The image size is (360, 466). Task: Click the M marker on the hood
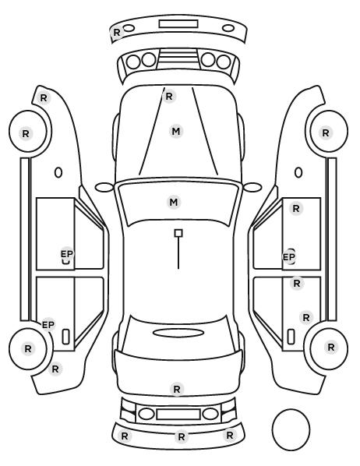pyautogui.click(x=176, y=132)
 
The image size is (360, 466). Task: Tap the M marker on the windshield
pyautogui.click(x=174, y=203)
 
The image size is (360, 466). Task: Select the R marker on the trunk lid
pyautogui.click(x=177, y=389)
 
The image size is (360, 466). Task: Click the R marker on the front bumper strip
pyautogui.click(x=117, y=33)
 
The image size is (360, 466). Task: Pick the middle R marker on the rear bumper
pyautogui.click(x=182, y=437)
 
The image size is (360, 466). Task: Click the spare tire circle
pyautogui.click(x=291, y=410)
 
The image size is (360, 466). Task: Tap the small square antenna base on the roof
pyautogui.click(x=178, y=233)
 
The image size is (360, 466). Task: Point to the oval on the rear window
pyautogui.click(x=178, y=333)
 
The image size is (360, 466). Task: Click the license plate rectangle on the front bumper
pyautogui.click(x=178, y=24)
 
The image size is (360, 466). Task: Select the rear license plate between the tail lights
pyautogui.click(x=178, y=414)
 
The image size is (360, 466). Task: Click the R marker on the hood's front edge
pyautogui.click(x=169, y=97)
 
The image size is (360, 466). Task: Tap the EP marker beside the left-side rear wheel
pyautogui.click(x=48, y=325)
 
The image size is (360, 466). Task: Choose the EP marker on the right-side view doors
pyautogui.click(x=289, y=257)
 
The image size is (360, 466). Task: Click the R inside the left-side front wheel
pyautogui.click(x=26, y=134)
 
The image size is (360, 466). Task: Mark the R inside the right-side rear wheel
pyautogui.click(x=331, y=347)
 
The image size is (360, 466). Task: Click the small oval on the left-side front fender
pyautogui.click(x=58, y=172)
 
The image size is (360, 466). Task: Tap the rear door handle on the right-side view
pyautogui.click(x=291, y=337)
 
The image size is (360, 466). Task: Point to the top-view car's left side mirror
pyautogui.click(x=104, y=188)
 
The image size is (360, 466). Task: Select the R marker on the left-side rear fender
pyautogui.click(x=55, y=369)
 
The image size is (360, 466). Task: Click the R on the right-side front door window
pyautogui.click(x=296, y=209)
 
